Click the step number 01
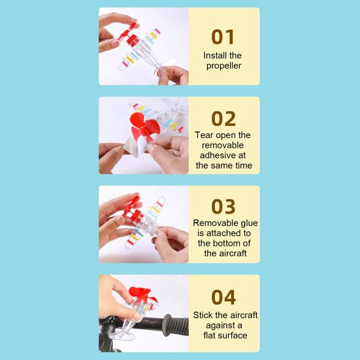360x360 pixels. click(223, 37)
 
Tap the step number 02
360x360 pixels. click(223, 118)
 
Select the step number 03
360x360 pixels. click(223, 206)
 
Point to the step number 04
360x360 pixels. click(223, 297)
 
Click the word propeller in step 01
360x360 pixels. click(223, 66)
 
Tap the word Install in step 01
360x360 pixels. click(212, 56)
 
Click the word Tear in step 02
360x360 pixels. click(204, 135)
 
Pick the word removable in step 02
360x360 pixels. click(223, 145)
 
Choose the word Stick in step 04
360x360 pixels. click(203, 315)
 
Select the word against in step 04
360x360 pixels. click(221, 326)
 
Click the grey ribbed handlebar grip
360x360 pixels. click(175, 325)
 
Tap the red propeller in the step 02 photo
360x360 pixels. click(144, 127)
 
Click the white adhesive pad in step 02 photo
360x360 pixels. click(135, 146)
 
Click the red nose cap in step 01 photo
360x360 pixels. click(133, 40)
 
